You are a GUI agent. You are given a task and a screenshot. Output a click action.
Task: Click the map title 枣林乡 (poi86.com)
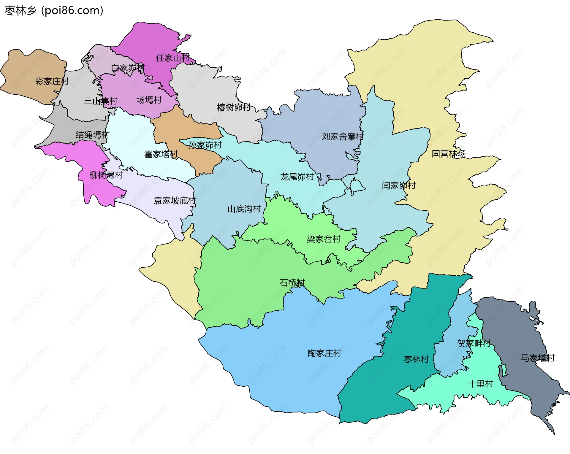[54, 10]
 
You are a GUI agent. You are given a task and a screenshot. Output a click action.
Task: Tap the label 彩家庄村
[52, 81]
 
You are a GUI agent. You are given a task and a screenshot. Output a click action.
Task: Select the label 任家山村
[173, 58]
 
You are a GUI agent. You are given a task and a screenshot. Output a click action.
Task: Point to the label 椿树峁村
[234, 107]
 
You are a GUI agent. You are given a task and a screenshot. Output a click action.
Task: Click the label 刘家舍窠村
[343, 136]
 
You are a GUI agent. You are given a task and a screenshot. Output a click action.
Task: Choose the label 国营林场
[448, 154]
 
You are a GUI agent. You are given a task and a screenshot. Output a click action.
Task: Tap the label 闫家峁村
[399, 185]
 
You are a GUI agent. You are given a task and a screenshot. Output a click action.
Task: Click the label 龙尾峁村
[297, 177]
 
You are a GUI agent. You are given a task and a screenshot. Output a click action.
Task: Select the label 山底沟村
[244, 209]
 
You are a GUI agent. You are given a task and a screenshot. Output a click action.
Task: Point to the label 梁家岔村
[324, 239]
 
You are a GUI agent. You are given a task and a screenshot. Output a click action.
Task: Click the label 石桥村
[292, 282]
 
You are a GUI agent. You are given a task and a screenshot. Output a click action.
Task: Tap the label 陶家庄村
[324, 353]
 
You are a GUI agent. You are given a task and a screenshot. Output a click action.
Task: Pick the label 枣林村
[417, 359]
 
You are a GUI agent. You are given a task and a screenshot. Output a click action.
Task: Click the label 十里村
[481, 384]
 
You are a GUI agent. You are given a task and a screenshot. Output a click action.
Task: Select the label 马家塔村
[538, 358]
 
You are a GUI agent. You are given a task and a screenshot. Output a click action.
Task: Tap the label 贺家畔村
[474, 343]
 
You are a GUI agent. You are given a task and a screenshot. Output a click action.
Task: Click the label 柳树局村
[106, 175]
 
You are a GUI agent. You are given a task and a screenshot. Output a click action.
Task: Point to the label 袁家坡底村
[175, 201]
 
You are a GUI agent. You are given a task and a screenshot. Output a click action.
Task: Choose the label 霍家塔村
[161, 154]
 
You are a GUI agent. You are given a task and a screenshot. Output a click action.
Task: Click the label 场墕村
[149, 100]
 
